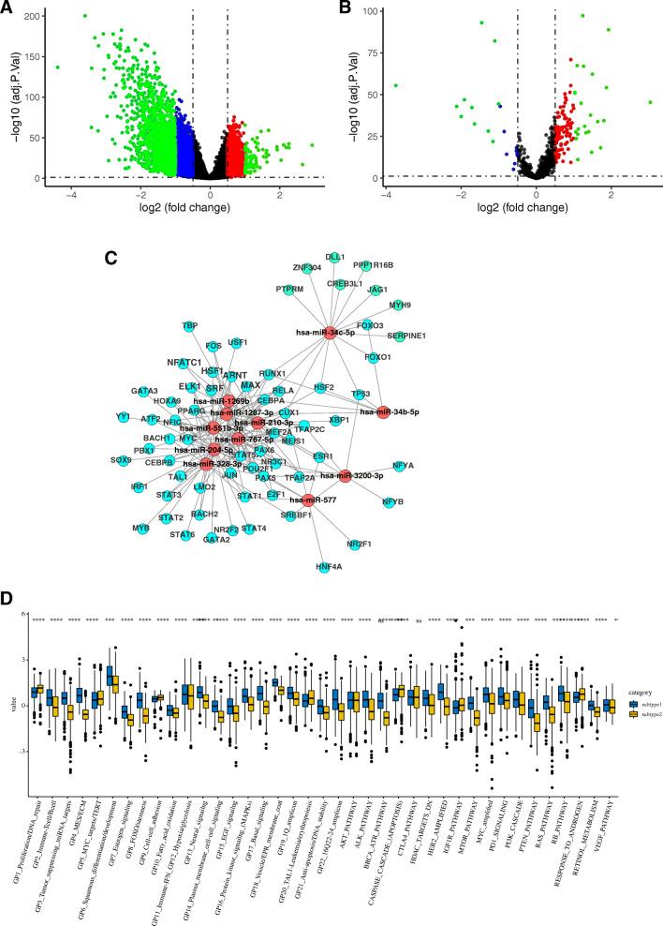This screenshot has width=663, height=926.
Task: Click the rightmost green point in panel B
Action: coord(649,102)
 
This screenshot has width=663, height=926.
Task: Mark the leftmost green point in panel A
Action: coord(57,67)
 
